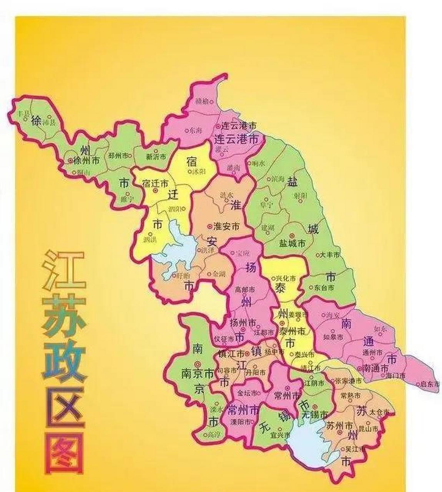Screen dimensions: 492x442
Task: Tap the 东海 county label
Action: click(x=195, y=130)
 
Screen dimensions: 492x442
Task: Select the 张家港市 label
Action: click(x=348, y=381)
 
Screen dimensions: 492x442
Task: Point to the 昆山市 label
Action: click(x=371, y=428)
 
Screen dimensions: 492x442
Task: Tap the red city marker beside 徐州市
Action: click(x=70, y=160)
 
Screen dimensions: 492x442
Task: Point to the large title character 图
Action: click(x=64, y=454)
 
